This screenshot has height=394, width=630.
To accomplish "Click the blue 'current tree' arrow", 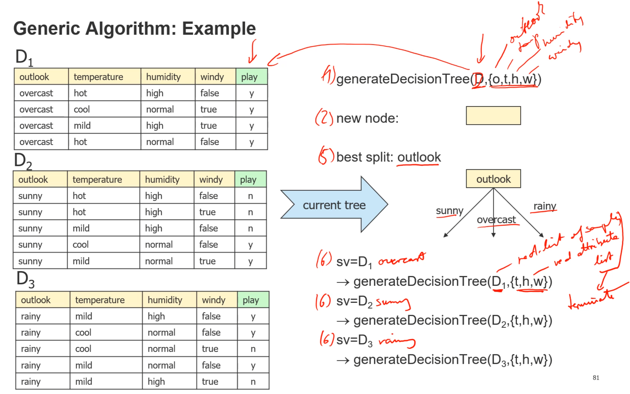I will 334,205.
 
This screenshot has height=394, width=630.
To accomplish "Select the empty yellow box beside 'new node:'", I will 493,115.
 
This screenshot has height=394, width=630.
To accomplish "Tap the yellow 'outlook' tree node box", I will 493,179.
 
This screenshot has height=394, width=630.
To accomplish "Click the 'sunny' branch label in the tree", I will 449,210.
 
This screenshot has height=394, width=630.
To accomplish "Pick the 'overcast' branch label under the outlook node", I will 496,220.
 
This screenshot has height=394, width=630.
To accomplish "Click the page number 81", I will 596,378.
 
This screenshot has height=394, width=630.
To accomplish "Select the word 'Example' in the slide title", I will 219,28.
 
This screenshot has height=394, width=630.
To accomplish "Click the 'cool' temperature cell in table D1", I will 82,109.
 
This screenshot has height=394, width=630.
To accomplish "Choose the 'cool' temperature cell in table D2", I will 81,245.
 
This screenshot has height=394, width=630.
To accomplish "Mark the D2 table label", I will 23,162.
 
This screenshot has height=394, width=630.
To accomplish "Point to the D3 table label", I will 25,280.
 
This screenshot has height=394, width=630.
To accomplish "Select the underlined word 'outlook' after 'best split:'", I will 419,157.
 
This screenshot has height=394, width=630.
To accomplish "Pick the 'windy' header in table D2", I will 211,180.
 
